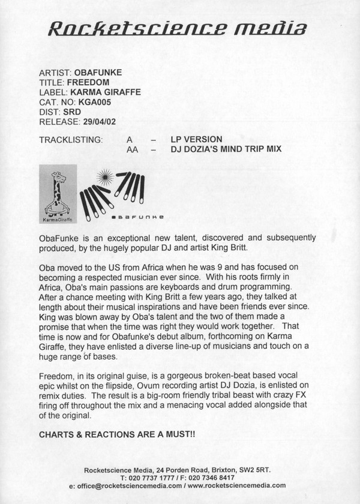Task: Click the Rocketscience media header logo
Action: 179,29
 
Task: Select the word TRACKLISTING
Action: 71,139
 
